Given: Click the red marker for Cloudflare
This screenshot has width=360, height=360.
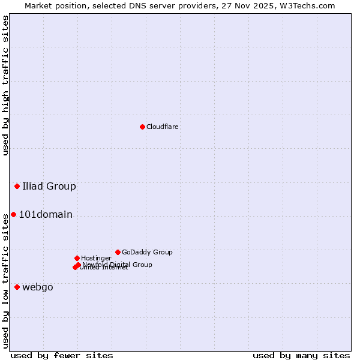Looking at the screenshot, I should pyautogui.click(x=142, y=127).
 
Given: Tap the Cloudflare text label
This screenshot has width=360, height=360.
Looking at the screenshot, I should pyautogui.click(x=162, y=127).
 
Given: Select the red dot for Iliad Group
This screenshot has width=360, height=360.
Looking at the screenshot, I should pyautogui.click(x=17, y=186).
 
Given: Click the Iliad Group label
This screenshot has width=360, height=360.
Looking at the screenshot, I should pyautogui.click(x=49, y=186).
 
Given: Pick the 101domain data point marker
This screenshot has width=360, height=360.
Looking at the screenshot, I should pyautogui.click(x=13, y=214).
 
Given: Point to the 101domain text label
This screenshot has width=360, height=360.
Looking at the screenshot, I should pyautogui.click(x=46, y=215).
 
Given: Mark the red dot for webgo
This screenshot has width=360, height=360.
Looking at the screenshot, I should pyautogui.click(x=17, y=287).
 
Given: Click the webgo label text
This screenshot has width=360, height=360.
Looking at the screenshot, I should pyautogui.click(x=38, y=287).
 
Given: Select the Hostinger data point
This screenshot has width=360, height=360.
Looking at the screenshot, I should pyautogui.click(x=77, y=258).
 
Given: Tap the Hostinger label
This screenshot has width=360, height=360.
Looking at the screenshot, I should pyautogui.click(x=96, y=258).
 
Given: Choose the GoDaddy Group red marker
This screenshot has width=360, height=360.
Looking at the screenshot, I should pyautogui.click(x=118, y=252).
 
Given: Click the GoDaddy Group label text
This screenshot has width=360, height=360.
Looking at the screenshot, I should pyautogui.click(x=147, y=252).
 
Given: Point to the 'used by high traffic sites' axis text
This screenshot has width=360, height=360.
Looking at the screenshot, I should pyautogui.click(x=5, y=85).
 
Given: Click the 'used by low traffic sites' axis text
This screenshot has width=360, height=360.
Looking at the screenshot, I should pyautogui.click(x=5, y=280).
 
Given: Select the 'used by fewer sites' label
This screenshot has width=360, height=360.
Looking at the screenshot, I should pyautogui.click(x=62, y=355).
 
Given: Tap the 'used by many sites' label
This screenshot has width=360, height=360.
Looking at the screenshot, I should pyautogui.click(x=301, y=355).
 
